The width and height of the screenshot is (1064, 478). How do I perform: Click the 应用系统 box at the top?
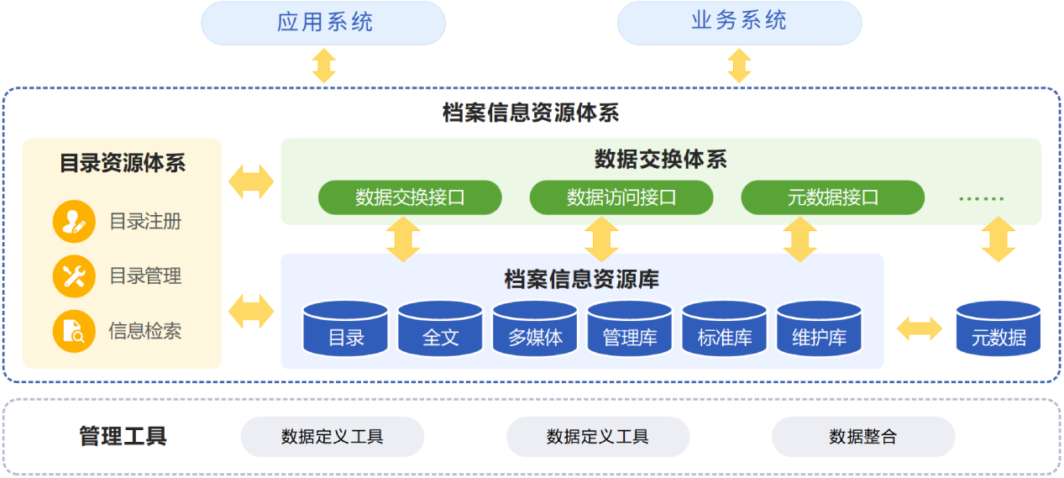pyautogui.click(x=323, y=23)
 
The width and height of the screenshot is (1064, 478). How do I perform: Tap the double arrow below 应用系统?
pyautogui.click(x=324, y=66)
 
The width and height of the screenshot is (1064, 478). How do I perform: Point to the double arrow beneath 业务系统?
pyautogui.click(x=739, y=66)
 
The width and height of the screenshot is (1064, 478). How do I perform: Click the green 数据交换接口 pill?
pyautogui.click(x=410, y=198)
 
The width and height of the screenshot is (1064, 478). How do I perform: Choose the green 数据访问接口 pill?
pyautogui.click(x=621, y=198)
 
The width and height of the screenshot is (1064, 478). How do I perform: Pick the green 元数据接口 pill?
pyautogui.click(x=832, y=198)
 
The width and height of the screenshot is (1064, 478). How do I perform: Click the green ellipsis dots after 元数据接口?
pyautogui.click(x=981, y=199)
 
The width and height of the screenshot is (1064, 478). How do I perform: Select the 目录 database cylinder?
pyautogui.click(x=346, y=328)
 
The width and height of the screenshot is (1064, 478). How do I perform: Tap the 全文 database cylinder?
pyautogui.click(x=440, y=328)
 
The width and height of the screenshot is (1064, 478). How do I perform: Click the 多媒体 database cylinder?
pyautogui.click(x=535, y=328)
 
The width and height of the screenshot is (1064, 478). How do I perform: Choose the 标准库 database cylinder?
pyautogui.click(x=725, y=328)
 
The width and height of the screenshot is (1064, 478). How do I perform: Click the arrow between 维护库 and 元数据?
pyautogui.click(x=920, y=329)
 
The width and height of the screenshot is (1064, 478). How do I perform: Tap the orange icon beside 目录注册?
pyautogui.click(x=74, y=222)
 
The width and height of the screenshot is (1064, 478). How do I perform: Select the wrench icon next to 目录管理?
pyautogui.click(x=74, y=276)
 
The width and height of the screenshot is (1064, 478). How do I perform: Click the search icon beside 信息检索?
pyautogui.click(x=74, y=331)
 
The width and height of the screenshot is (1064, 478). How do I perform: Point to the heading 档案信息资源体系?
pyautogui.click(x=531, y=113)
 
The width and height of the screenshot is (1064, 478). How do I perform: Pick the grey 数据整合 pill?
pyautogui.click(x=863, y=437)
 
